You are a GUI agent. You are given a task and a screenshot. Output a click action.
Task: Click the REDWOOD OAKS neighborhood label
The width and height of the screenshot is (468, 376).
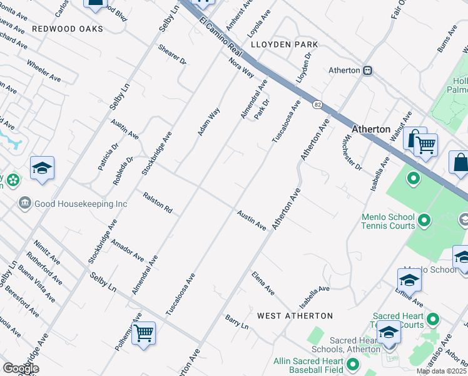coord(68,29)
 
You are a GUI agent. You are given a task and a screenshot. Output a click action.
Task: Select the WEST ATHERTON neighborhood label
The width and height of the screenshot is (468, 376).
coord(294,315)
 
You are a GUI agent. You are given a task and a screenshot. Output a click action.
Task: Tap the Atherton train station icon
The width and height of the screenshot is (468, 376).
coord(368,71)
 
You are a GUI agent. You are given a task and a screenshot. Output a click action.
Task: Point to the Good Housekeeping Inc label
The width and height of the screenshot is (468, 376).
coord(81,204)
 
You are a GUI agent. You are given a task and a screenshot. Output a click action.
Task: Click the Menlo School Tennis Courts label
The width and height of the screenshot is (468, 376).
coord(388,221)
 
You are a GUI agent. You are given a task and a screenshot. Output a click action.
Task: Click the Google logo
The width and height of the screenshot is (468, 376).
coord(20,368)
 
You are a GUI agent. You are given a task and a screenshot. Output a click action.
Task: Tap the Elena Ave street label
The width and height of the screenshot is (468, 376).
coord(263,283)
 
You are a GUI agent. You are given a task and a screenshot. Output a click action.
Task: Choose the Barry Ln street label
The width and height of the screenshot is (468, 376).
coord(237,322)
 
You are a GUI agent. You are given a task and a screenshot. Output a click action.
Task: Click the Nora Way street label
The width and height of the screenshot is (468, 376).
coord(241,68)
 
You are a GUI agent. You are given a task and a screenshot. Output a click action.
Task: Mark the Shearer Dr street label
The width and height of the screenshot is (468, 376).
coord(172,55)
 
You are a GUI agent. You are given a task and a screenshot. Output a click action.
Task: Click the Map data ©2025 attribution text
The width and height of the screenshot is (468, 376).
coord(442,371)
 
